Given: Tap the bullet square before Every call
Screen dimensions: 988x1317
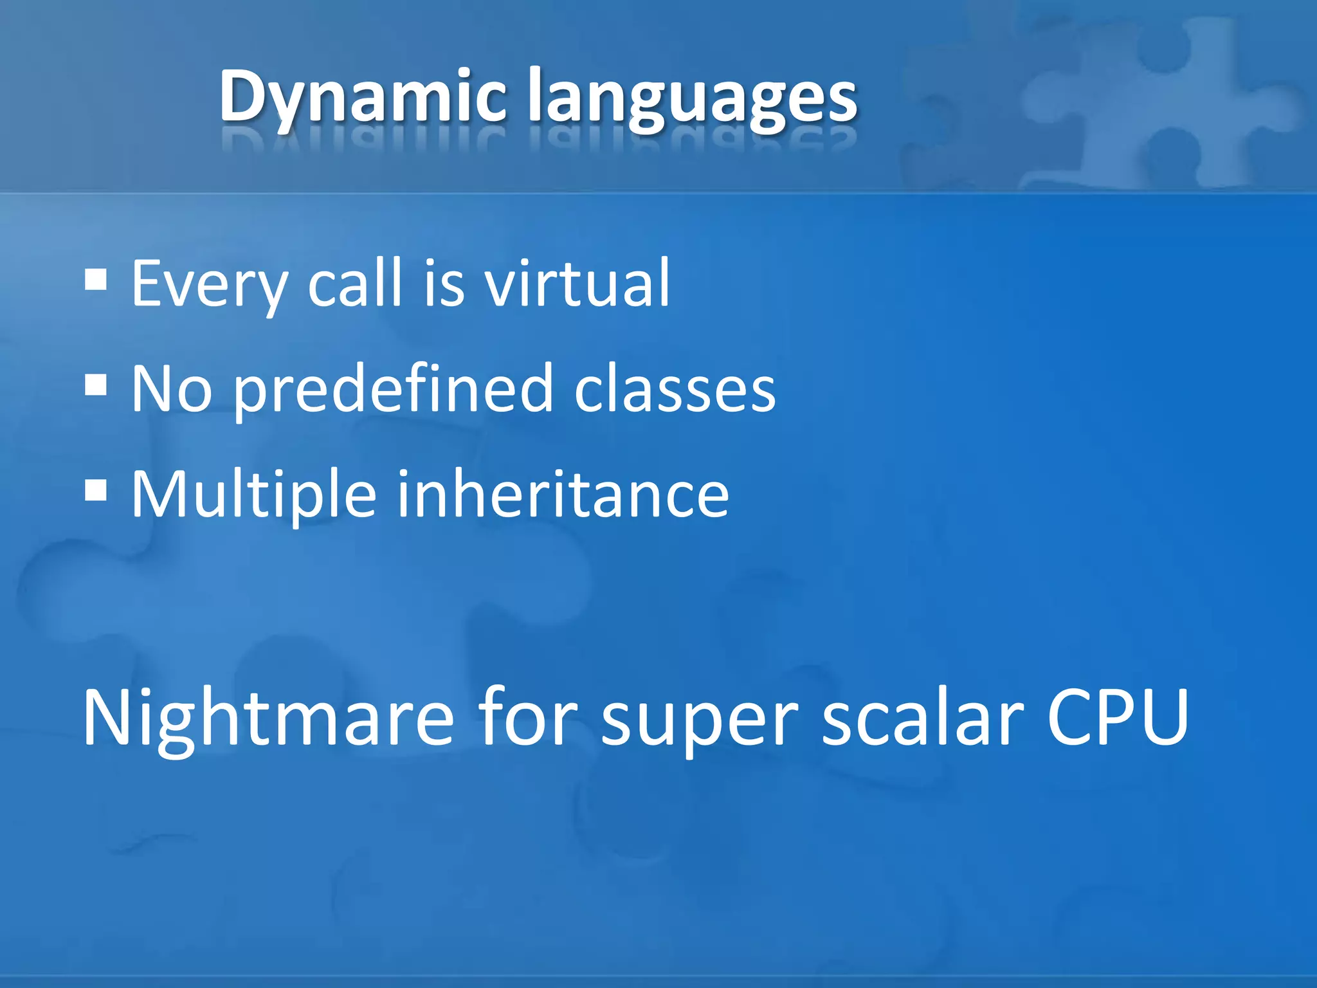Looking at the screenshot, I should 96,280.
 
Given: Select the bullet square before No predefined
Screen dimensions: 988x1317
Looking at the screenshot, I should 96,387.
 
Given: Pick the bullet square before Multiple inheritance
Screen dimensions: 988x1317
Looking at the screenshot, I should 96,492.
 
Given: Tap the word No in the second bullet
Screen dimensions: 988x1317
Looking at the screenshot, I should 171,389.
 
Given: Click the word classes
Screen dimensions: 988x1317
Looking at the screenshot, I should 675,390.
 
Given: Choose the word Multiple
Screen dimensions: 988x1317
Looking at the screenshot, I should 253,495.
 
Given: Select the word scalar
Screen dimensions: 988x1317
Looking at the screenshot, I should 923,718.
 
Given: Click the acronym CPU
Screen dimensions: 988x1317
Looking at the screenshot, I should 1118,718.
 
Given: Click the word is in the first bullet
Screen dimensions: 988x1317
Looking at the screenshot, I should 443,283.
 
